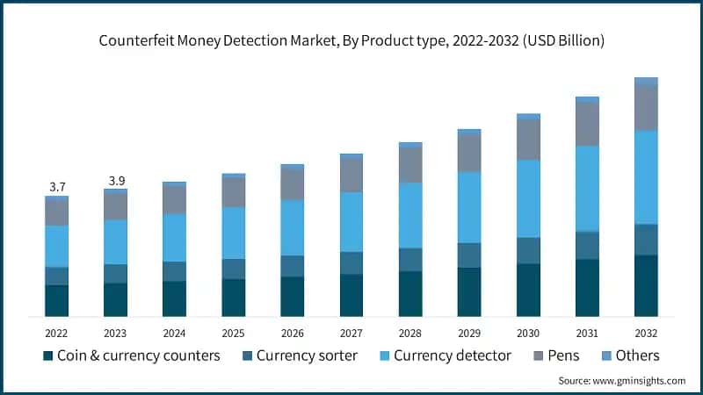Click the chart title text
tap(351, 41)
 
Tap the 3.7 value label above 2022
tap(57, 187)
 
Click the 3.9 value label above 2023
tap(116, 181)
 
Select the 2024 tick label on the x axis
tap(174, 333)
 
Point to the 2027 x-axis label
tap(351, 333)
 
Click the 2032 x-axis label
tap(646, 333)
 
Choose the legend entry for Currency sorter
tap(304, 355)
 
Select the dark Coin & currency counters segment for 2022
tap(57, 300)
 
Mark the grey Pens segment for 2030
tap(528, 140)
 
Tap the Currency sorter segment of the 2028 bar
tap(410, 260)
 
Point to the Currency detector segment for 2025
tap(234, 233)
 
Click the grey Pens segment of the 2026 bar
tap(293, 184)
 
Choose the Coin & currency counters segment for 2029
tap(469, 291)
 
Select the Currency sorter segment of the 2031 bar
tap(587, 246)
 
